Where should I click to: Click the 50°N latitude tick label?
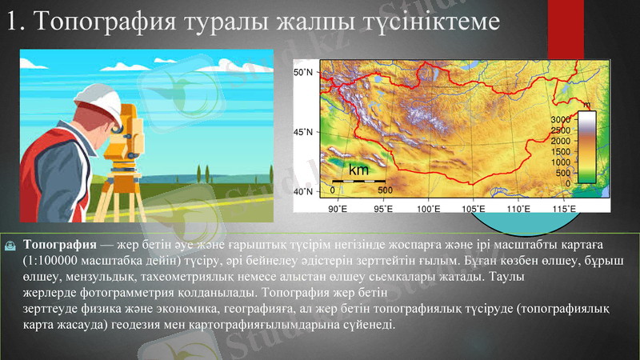pyautogui.click(x=302, y=73)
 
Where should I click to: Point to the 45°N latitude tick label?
pyautogui.click(x=302, y=132)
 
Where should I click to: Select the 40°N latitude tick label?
pyautogui.click(x=302, y=192)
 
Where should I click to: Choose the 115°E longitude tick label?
pyautogui.click(x=565, y=209)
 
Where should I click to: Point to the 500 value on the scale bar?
pyautogui.click(x=385, y=190)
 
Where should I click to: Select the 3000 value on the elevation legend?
pyautogui.click(x=562, y=119)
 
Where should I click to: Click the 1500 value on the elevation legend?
pyautogui.click(x=562, y=151)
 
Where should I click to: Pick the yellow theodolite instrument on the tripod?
pyautogui.click(x=122, y=144)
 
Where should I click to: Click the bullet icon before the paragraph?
pyautogui.click(x=10, y=244)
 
